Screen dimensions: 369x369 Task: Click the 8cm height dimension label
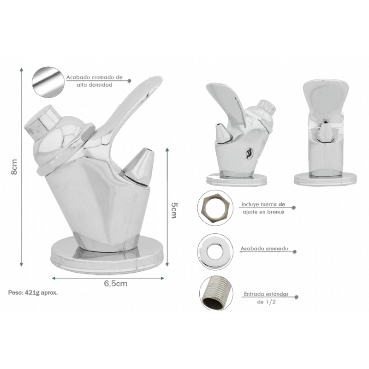(x=14, y=167)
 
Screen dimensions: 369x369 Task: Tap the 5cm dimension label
(x=174, y=210)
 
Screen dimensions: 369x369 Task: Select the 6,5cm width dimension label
(x=116, y=284)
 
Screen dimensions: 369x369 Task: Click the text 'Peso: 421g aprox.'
(x=33, y=293)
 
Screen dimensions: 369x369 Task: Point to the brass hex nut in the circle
(x=215, y=208)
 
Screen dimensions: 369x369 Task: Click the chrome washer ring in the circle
(x=215, y=252)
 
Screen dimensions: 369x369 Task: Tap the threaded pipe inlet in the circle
(x=216, y=293)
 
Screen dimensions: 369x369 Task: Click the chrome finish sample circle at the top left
(x=48, y=83)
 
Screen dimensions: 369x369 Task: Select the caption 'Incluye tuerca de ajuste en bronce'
(x=263, y=208)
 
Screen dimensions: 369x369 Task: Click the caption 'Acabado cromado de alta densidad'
(x=95, y=81)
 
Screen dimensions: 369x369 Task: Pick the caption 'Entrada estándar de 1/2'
(x=266, y=298)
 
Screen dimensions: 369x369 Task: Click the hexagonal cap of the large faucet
(x=42, y=122)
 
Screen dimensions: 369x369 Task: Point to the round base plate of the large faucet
(x=107, y=256)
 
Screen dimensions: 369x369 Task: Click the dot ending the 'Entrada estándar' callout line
(x=297, y=297)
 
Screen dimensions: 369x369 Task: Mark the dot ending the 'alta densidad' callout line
(x=129, y=81)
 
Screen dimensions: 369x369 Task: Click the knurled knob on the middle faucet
(x=268, y=107)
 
